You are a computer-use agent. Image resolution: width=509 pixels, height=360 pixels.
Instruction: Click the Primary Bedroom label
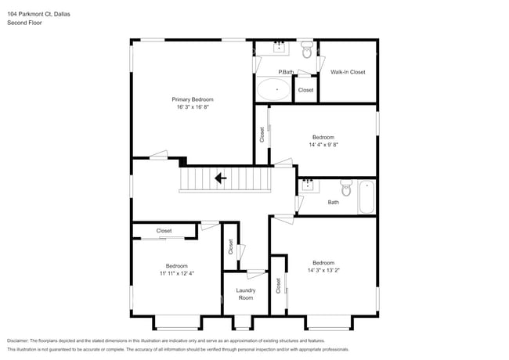193,99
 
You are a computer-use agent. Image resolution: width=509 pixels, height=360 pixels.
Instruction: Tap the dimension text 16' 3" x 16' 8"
193,107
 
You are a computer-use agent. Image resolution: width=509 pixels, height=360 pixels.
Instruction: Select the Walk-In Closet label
348,72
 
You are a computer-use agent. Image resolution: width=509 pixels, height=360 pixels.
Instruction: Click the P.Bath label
286,73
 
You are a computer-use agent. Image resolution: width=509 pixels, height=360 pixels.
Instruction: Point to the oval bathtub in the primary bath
276,90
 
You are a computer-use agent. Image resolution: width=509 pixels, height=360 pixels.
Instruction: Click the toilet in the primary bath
307,50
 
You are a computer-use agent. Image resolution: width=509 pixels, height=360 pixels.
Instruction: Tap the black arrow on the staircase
221,178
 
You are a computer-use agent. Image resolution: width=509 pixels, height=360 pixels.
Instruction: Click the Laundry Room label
246,293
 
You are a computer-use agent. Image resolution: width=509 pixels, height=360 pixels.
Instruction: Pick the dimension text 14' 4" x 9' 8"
323,144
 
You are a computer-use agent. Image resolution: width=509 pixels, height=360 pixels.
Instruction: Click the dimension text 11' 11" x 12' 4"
176,273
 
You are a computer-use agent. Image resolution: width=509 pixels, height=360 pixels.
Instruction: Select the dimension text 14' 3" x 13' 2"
323,270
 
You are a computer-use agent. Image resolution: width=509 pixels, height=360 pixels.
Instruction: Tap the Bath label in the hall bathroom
334,202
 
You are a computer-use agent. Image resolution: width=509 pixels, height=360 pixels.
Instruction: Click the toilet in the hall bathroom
346,188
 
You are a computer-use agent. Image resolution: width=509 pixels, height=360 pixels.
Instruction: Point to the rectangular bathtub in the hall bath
366,196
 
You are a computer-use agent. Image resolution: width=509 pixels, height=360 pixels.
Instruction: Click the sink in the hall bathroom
308,185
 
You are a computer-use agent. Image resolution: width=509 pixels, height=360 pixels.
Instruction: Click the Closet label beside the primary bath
305,90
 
